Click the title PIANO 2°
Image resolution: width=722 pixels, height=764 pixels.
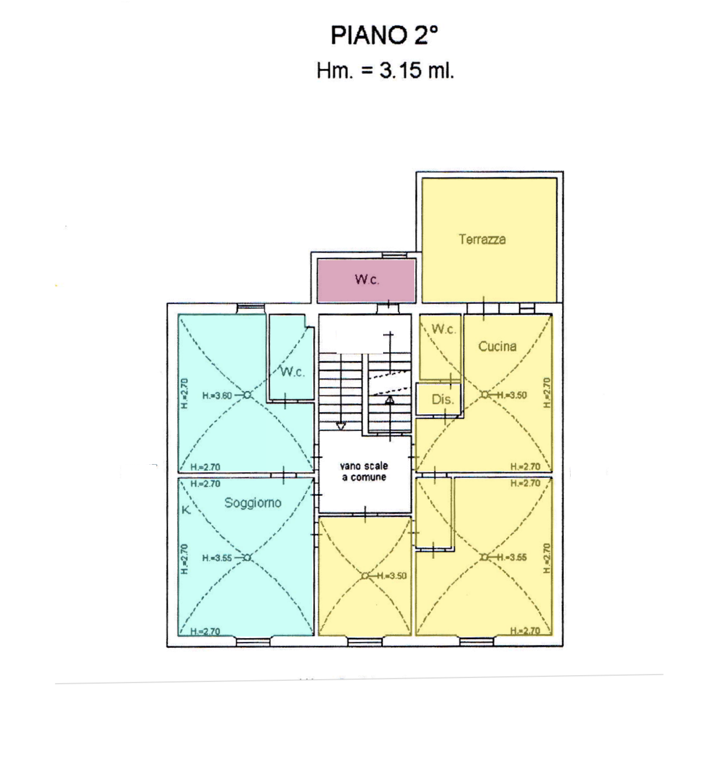coord(384,35)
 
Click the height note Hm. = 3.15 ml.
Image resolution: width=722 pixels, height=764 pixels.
coord(385,70)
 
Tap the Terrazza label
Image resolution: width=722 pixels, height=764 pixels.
coord(482,239)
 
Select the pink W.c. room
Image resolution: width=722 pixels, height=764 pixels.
coord(367,281)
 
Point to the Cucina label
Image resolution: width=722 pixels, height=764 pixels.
coord(497,346)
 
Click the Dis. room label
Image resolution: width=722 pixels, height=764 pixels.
coord(443,399)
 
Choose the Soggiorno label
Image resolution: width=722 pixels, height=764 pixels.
coord(253,503)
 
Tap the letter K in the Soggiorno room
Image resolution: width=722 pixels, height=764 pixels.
coord(186,510)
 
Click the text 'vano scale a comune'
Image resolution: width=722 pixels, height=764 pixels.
coord(364,472)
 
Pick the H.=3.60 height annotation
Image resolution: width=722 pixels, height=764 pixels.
coord(217,396)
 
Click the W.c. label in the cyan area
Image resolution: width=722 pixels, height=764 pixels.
coord(292,372)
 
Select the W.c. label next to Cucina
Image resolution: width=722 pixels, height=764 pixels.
coord(443,329)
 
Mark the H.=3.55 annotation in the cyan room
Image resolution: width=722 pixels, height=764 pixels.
coord(217,558)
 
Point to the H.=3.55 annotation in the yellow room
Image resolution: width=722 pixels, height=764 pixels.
coord(512,557)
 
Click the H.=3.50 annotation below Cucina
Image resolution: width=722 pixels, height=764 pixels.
coord(512,395)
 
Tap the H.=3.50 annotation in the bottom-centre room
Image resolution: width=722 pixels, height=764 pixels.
coord(392,575)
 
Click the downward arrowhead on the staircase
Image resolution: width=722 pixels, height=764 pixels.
coord(341,426)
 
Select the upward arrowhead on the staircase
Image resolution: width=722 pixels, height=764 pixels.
coord(390,400)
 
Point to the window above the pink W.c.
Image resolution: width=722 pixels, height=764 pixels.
coord(394,255)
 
